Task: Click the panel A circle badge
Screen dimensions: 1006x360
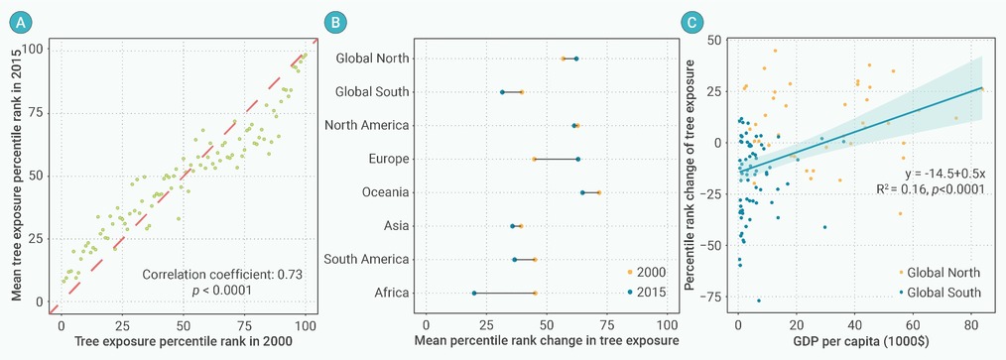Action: click(x=20, y=23)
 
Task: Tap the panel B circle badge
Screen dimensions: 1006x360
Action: click(x=335, y=23)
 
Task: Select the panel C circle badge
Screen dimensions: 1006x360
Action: click(x=691, y=23)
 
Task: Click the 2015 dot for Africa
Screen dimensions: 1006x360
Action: click(x=474, y=294)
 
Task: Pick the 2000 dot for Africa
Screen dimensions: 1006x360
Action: click(x=535, y=294)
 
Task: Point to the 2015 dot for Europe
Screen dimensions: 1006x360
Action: click(x=578, y=159)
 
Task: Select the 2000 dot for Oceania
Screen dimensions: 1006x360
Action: click(x=599, y=192)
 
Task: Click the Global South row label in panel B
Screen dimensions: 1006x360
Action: click(x=372, y=92)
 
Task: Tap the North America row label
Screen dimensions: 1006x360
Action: click(x=368, y=125)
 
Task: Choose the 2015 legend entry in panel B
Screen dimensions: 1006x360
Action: click(x=645, y=292)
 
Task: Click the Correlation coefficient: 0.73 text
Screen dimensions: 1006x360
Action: click(x=222, y=275)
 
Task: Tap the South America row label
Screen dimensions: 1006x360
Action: click(x=367, y=260)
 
